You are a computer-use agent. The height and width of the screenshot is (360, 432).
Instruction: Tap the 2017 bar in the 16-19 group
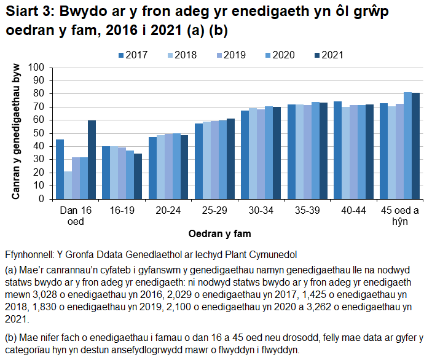click(106, 173)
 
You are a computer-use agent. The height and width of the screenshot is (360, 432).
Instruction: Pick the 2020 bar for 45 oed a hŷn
click(407, 146)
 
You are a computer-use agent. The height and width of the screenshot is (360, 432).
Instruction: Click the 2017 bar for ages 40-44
click(337, 150)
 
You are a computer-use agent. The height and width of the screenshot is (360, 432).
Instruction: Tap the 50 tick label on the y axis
click(41, 133)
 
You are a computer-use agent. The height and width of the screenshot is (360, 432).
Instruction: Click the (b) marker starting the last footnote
click(10, 338)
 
